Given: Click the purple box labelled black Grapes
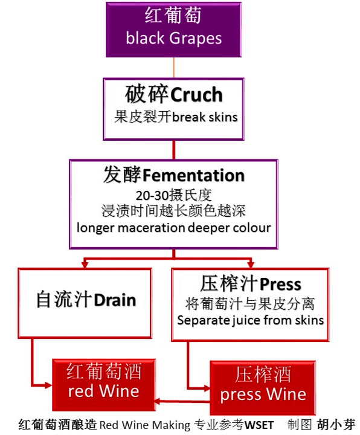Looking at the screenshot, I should coord(174,28).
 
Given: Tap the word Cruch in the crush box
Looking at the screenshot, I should coord(197,95).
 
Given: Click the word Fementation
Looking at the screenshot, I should coord(193,175).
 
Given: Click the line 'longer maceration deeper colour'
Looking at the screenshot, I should coord(173,228).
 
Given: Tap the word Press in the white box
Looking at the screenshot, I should coord(280,283).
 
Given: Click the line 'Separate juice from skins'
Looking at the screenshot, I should coord(250,320).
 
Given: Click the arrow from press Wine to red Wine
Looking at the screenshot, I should coord(181,401).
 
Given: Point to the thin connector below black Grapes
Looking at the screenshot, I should coord(174,67).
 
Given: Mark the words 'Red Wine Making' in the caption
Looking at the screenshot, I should coord(144,424).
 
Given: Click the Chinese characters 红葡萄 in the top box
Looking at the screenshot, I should coord(174,16).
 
